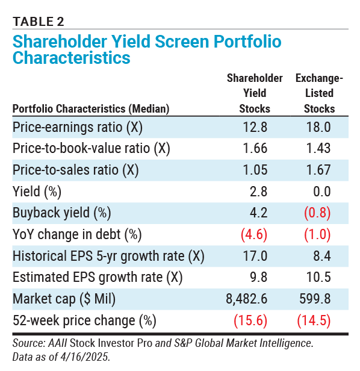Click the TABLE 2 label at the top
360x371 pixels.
tap(39, 22)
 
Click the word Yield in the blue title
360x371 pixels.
tap(131, 42)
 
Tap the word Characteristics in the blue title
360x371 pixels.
tap(72, 58)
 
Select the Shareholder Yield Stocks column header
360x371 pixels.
tap(255, 93)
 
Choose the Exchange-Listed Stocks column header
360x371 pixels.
tap(319, 93)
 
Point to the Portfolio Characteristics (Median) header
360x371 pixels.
tap(91, 109)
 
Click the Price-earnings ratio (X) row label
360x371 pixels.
tap(78, 127)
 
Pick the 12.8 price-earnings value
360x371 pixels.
tap(255, 127)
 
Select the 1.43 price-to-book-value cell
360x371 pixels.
tap(318, 148)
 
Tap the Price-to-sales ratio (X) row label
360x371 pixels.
tap(76, 170)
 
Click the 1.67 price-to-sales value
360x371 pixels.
tap(318, 170)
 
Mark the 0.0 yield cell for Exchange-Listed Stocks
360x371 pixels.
tap(322, 192)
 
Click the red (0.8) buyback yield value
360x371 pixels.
tap(317, 213)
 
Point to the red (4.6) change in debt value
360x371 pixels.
tap(254, 234)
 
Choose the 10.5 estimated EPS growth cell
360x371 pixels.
tap(318, 277)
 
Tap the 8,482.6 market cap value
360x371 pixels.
tap(246, 299)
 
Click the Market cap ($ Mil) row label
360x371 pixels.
tap(64, 299)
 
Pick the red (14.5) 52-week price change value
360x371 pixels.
tap(314, 320)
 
